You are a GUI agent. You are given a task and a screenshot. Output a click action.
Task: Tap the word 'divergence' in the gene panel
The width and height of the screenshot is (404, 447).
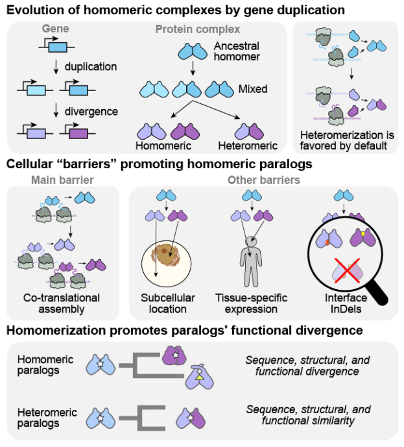click(91, 112)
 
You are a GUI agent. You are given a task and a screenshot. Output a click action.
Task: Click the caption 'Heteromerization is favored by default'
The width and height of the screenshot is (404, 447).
click(344, 140)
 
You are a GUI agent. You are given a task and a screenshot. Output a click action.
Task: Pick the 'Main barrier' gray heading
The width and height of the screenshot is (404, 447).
click(63, 180)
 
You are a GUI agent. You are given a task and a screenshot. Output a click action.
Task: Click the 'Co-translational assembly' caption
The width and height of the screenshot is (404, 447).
click(63, 303)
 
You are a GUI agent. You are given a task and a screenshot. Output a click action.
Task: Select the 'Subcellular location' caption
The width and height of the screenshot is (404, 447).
click(168, 303)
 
